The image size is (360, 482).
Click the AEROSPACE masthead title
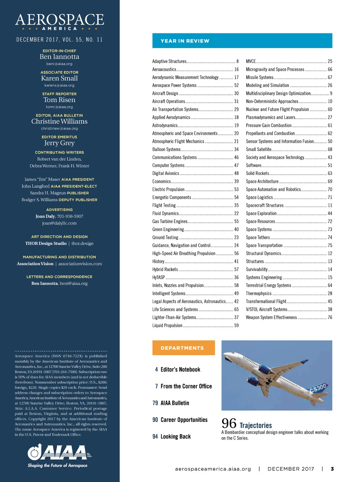click(x=59, y=20)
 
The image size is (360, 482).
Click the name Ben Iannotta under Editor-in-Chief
click(x=59, y=57)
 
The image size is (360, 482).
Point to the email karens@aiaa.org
click(x=59, y=85)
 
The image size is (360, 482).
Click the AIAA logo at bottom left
click(x=59, y=453)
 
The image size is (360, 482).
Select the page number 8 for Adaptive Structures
click(x=237, y=61)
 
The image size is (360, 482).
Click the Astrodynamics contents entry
click(x=165, y=125)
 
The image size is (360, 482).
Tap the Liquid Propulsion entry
click(x=167, y=325)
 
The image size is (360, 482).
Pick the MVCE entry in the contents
click(x=251, y=61)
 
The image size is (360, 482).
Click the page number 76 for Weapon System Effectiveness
click(x=330, y=317)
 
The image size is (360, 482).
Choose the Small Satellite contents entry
click(x=259, y=149)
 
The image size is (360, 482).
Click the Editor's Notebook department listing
click(x=180, y=369)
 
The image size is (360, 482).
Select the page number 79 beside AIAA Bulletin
click(x=155, y=403)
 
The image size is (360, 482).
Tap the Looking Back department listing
click(x=175, y=437)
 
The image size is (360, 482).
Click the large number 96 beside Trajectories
click(x=229, y=423)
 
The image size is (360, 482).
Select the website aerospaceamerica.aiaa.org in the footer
click(x=213, y=469)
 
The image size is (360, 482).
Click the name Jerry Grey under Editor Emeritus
click(x=59, y=143)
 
